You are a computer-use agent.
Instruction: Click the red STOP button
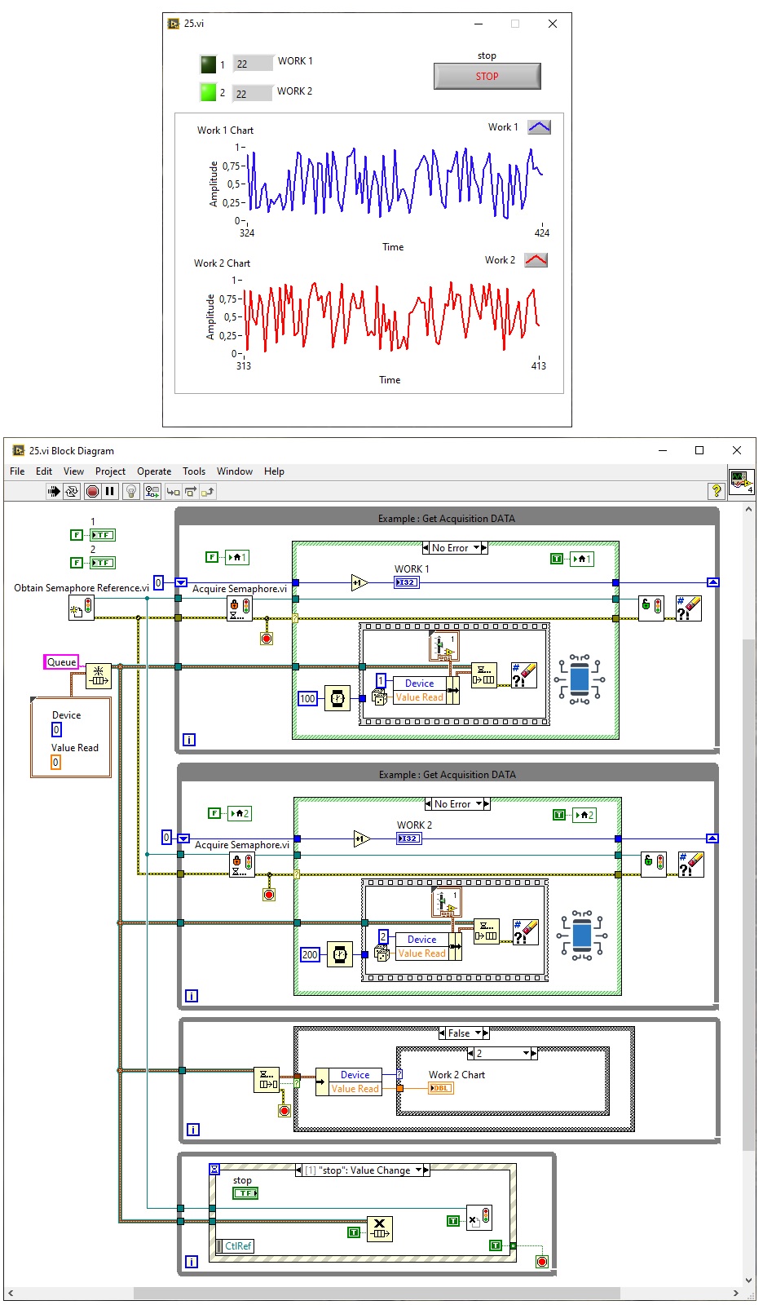click(x=487, y=76)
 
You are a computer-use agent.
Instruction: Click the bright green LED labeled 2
click(x=209, y=92)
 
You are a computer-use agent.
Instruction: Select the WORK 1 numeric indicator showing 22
click(x=253, y=64)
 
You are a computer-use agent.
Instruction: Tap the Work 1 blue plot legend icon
click(x=539, y=126)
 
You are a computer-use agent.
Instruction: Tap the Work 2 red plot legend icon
click(x=536, y=260)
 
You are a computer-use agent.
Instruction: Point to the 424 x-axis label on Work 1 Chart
click(x=541, y=232)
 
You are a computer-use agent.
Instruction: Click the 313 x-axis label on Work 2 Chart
click(x=244, y=365)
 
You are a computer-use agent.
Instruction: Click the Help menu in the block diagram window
click(x=274, y=471)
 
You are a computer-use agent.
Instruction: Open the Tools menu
click(x=194, y=471)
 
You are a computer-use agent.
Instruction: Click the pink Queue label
click(x=61, y=662)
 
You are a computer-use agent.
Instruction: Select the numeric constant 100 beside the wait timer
click(x=307, y=698)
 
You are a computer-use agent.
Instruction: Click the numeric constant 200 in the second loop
click(x=310, y=954)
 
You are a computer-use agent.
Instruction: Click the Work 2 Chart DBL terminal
click(x=440, y=1088)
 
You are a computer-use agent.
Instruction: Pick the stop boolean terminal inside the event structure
click(x=245, y=1193)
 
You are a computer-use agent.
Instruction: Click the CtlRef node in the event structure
click(x=236, y=1246)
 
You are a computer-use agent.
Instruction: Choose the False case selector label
click(x=459, y=1033)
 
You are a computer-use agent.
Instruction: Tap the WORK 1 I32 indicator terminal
click(x=406, y=582)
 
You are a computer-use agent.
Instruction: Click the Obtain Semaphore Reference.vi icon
click(x=81, y=608)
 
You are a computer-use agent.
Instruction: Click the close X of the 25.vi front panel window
click(x=553, y=24)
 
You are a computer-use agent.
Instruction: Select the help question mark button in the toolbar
click(x=716, y=490)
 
